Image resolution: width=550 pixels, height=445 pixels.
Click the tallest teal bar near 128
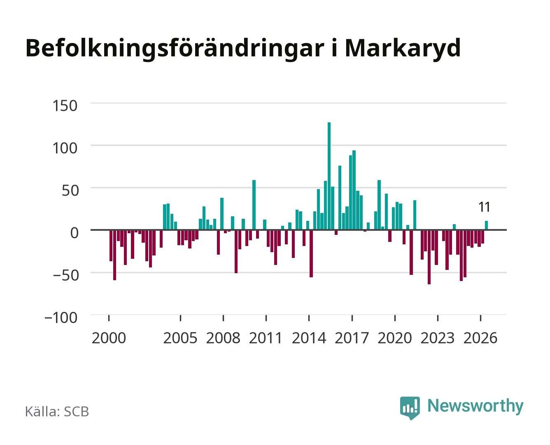point(329,176)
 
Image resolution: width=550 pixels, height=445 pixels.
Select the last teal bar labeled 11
point(486,225)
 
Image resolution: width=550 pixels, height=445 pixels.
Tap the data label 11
point(484,207)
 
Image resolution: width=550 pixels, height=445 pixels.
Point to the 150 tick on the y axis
point(65,106)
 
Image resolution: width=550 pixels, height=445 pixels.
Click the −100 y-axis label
point(61,318)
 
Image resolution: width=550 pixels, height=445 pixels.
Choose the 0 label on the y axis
point(75,233)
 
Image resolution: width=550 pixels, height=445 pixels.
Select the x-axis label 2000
point(109,338)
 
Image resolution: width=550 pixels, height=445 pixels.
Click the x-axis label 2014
point(309,338)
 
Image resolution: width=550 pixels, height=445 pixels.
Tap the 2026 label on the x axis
point(480,338)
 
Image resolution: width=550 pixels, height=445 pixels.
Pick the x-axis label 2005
point(180,338)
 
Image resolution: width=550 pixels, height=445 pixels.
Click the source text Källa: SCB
point(57,412)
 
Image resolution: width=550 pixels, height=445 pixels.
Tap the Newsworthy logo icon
point(410,408)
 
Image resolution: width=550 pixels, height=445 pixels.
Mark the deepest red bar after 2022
point(429,257)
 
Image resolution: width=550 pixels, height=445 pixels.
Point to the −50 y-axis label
point(65,275)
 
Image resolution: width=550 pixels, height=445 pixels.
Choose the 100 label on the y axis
point(65,148)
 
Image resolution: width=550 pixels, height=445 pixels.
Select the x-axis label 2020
point(394,338)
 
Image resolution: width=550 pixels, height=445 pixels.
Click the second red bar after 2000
point(114,255)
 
